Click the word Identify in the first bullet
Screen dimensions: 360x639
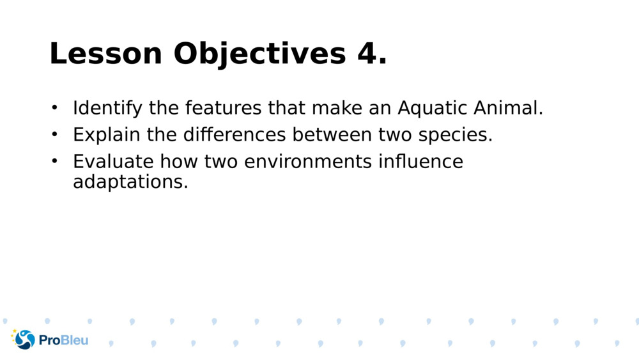click(107, 109)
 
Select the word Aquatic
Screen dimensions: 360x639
click(433, 109)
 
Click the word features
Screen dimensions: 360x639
click(224, 108)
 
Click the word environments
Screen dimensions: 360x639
click(308, 162)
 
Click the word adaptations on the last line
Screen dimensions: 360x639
click(130, 182)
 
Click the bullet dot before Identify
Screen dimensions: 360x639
click(54, 107)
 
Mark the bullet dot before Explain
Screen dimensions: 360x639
click(54, 134)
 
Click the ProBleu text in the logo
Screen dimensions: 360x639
click(63, 340)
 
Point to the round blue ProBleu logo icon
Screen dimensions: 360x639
click(24, 340)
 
